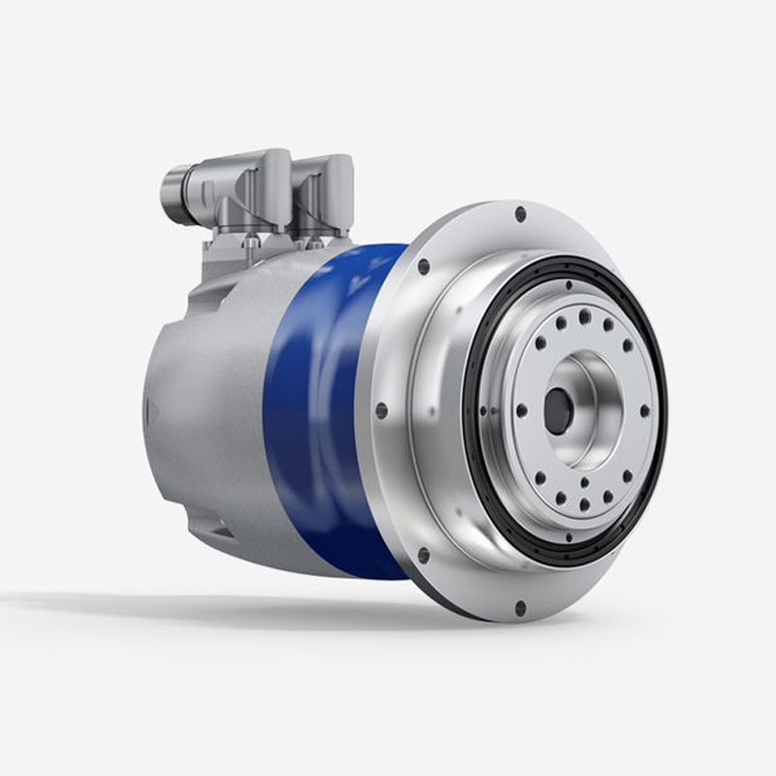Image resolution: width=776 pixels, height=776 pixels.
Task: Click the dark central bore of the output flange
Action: point(558,410)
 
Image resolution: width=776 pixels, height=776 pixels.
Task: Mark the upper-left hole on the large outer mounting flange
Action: point(424,266)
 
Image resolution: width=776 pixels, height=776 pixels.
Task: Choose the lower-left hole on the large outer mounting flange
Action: point(423,556)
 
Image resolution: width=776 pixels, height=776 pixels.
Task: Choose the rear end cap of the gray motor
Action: point(155,407)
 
